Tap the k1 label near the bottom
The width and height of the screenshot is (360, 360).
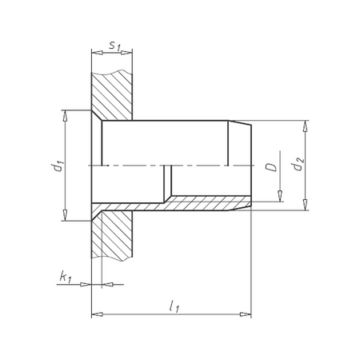point(66,277)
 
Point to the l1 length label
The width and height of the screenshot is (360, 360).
point(173,305)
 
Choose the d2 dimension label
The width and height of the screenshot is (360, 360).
point(298,166)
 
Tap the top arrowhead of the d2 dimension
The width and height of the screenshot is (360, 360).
point(304,125)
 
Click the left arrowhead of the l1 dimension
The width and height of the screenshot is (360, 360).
point(97,314)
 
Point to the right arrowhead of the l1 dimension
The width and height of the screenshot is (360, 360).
point(247,314)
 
